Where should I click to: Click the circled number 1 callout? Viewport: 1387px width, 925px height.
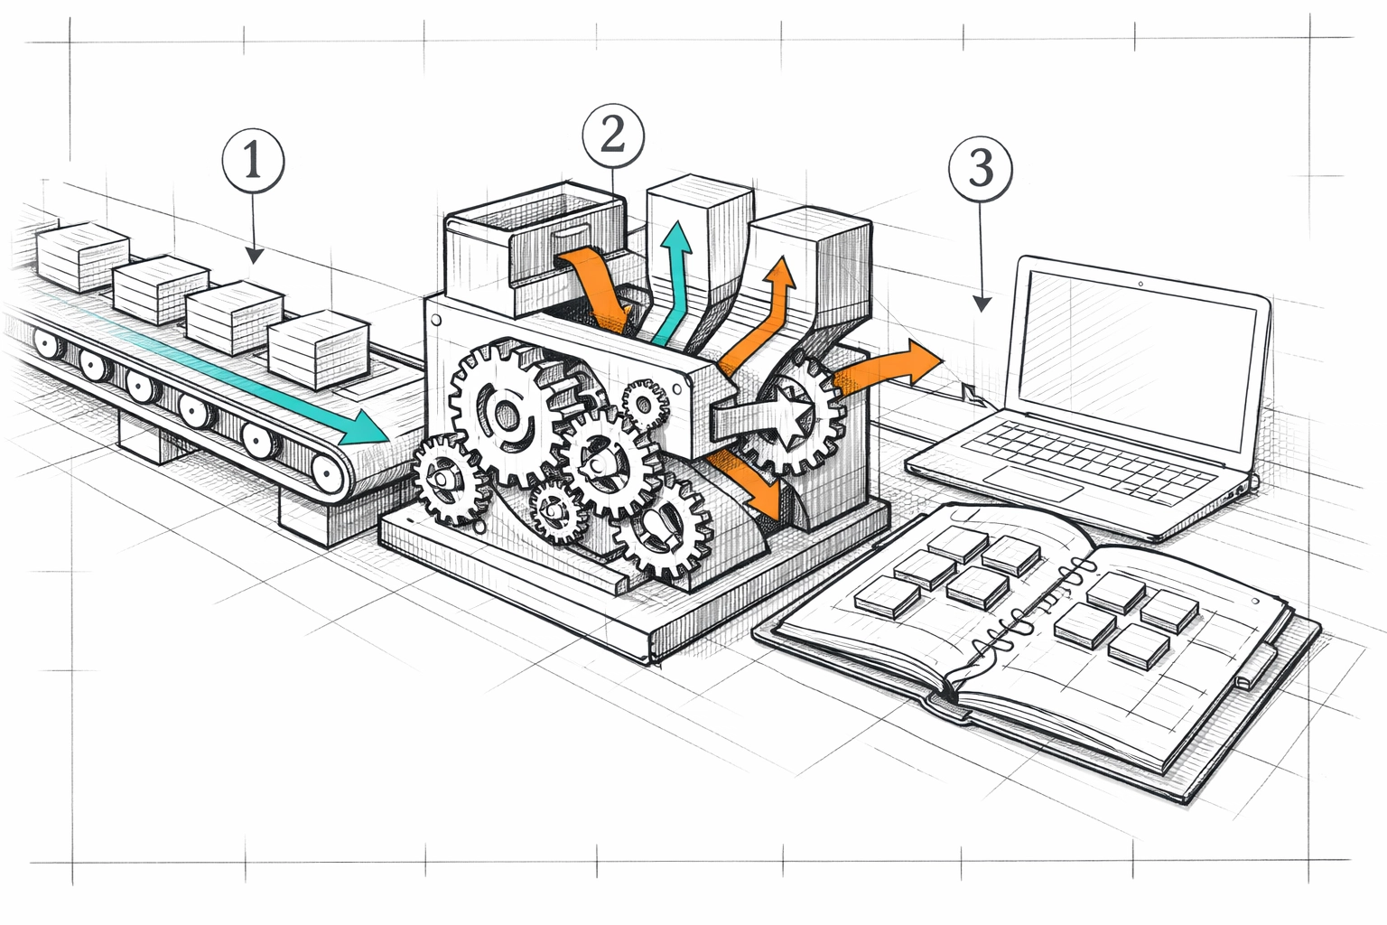(253, 162)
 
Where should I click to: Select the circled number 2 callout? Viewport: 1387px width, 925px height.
(613, 136)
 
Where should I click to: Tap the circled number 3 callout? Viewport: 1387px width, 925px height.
(981, 168)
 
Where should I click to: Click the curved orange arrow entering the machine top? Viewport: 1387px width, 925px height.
(591, 280)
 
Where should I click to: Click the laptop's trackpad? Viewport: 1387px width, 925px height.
(1033, 484)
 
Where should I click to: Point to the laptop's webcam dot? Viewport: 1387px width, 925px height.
(1140, 284)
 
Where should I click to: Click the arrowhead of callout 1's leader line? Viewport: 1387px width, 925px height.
(255, 257)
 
